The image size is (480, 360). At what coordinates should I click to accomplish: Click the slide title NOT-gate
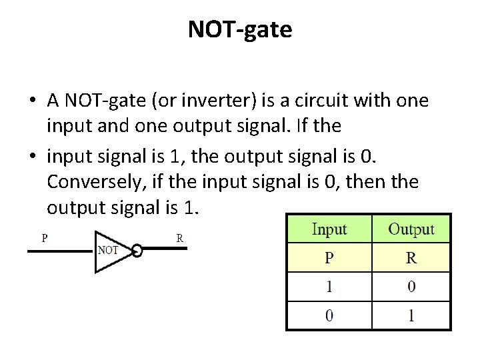240,29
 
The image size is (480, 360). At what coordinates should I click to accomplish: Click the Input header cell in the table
329,229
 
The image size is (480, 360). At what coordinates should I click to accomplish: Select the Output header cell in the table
411,229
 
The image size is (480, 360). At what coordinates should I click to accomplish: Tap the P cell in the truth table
329,258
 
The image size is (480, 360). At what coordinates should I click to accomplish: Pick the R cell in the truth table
411,258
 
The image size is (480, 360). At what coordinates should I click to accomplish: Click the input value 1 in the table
329,287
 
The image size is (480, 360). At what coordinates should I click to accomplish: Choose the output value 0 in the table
411,287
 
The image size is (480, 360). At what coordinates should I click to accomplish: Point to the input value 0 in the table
329,315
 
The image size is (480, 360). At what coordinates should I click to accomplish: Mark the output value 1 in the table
411,315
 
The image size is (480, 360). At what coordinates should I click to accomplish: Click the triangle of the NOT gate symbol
110,251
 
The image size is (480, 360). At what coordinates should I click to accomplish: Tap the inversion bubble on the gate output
137,251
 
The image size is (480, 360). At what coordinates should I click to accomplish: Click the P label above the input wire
45,237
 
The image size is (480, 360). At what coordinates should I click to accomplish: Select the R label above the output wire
179,237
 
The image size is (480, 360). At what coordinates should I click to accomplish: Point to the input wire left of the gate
60,251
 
